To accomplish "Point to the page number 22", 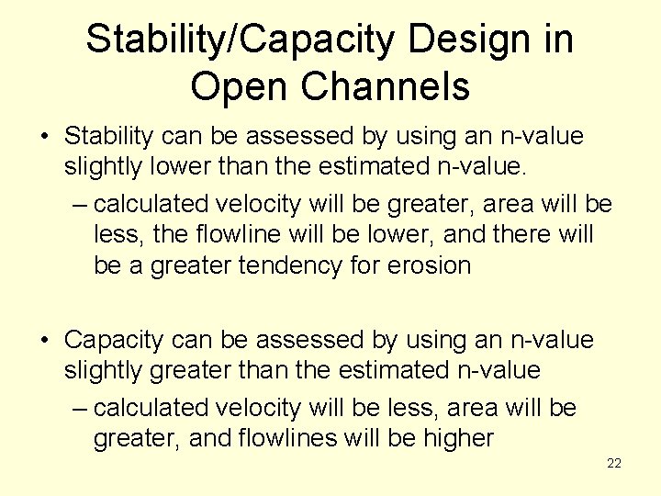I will (614, 464).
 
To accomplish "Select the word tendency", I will (304, 266).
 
